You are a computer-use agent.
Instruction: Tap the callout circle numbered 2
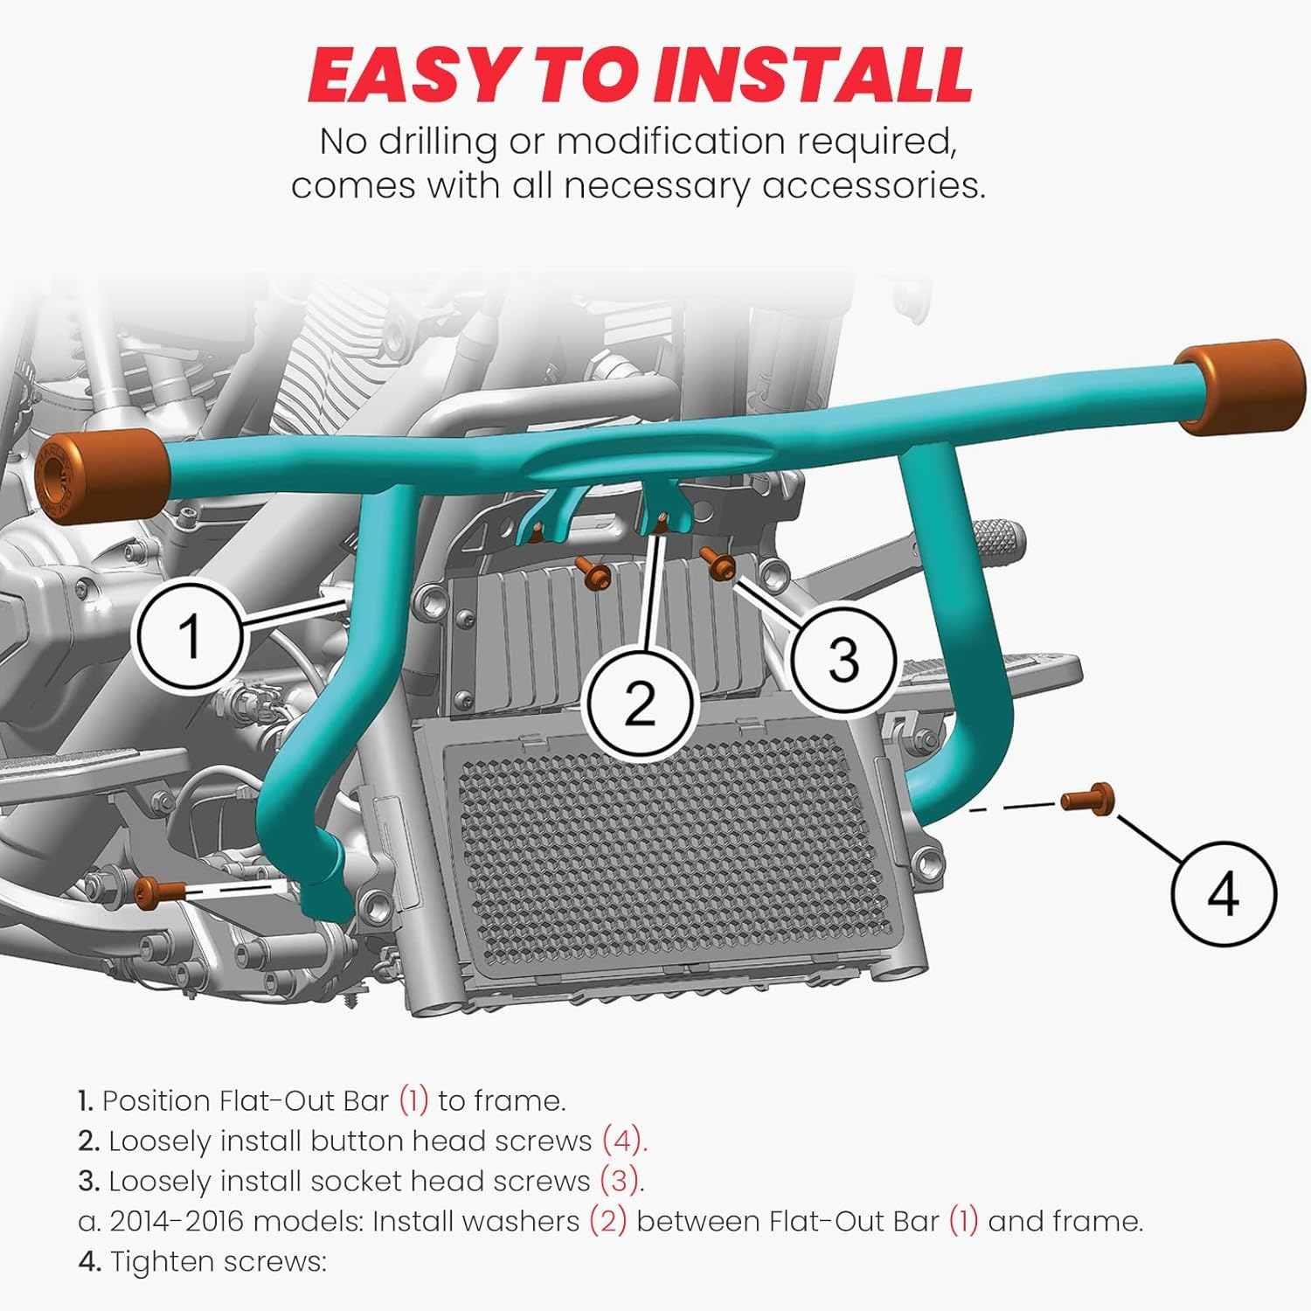(x=640, y=702)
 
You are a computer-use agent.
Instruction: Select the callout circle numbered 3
(x=843, y=658)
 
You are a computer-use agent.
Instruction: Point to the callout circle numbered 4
(x=1223, y=893)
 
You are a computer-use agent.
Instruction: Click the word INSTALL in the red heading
(x=822, y=74)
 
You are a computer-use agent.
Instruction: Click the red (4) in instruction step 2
(x=623, y=1141)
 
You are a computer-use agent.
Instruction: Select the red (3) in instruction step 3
(x=621, y=1181)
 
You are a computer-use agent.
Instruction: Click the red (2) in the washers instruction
(x=607, y=1221)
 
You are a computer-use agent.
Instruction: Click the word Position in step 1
(x=156, y=1100)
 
